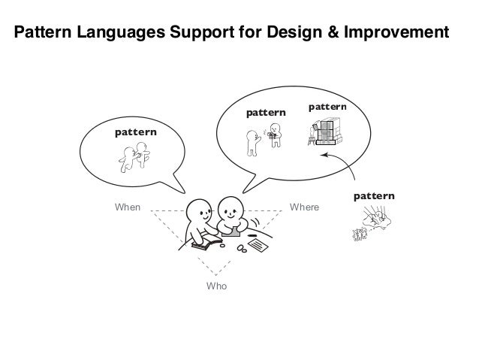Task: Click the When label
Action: pos(126,205)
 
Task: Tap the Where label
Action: pos(305,205)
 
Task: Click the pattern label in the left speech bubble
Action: pos(135,132)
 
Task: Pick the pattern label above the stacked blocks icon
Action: pos(327,107)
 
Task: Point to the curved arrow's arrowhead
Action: pos(323,155)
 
